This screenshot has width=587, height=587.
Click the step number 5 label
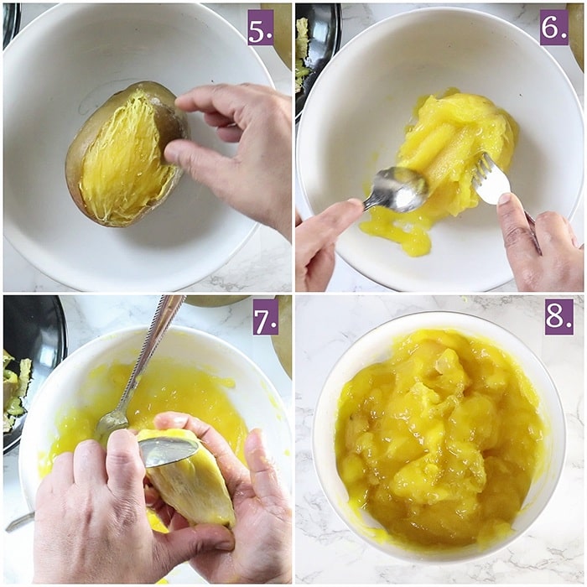[261, 28]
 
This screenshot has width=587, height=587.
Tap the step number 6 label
[553, 28]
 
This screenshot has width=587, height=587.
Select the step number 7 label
[266, 318]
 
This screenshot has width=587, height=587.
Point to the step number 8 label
[558, 317]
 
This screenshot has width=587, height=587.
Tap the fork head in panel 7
[112, 420]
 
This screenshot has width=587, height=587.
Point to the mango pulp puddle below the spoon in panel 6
[397, 231]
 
